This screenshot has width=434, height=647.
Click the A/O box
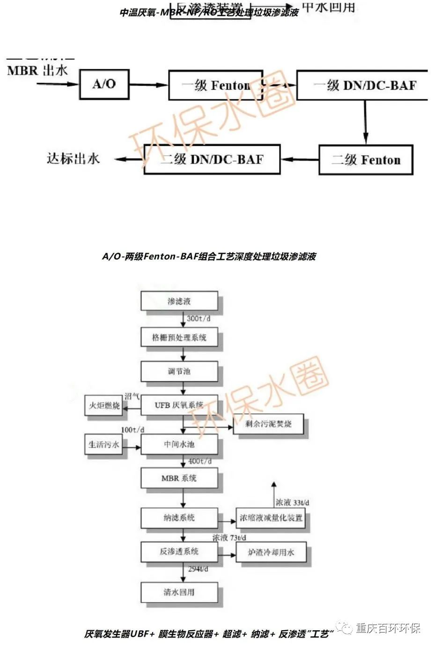click(x=104, y=84)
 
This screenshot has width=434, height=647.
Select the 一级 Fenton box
click(x=215, y=85)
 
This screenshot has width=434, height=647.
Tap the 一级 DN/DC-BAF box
click(x=362, y=85)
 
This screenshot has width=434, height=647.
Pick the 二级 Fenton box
click(x=366, y=160)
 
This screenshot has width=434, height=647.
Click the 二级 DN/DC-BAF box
click(x=212, y=159)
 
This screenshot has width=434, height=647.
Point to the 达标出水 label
click(x=74, y=158)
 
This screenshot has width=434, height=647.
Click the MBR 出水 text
click(x=37, y=71)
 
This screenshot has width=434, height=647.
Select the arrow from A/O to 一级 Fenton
click(x=148, y=85)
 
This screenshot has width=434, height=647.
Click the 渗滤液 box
click(x=179, y=301)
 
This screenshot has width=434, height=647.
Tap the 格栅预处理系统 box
click(x=179, y=337)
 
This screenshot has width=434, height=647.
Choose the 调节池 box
click(x=179, y=371)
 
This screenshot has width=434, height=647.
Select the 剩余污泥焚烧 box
click(x=268, y=424)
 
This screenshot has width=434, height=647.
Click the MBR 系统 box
click(x=179, y=478)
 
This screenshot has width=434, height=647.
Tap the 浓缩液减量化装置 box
click(x=271, y=518)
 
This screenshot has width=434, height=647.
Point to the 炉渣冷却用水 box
click(x=271, y=552)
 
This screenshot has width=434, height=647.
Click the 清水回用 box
click(x=179, y=592)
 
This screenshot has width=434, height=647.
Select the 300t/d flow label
click(x=199, y=318)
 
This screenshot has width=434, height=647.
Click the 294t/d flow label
click(x=198, y=569)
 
